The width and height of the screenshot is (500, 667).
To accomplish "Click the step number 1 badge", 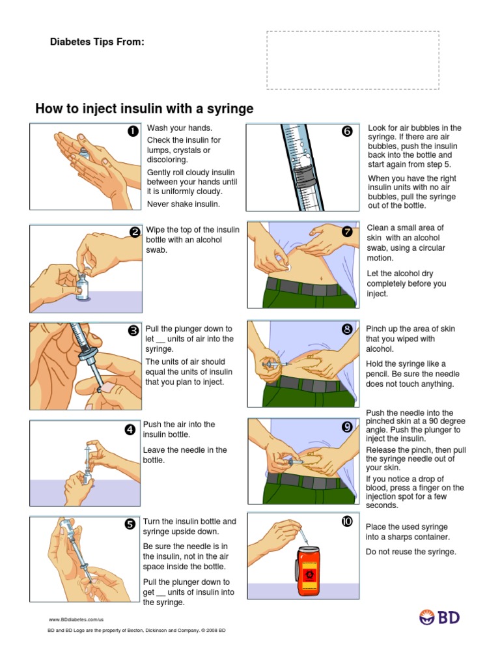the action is [x=133, y=131].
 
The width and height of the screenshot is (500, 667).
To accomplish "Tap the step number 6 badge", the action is [x=347, y=131].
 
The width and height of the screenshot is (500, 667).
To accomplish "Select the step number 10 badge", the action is [x=347, y=521].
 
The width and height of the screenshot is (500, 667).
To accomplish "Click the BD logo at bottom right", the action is [x=439, y=617].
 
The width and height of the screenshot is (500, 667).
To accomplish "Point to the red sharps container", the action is [x=309, y=571].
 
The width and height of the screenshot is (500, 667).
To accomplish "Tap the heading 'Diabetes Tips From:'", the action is [x=97, y=42].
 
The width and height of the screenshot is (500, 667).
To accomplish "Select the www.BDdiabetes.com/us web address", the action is [x=76, y=619].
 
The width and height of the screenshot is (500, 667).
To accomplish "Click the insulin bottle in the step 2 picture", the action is [x=83, y=285].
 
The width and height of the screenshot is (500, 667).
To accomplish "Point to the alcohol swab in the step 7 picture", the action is [x=288, y=268].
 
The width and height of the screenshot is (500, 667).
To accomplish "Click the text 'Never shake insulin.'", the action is [x=183, y=204].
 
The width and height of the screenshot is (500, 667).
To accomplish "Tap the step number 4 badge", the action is [x=130, y=430].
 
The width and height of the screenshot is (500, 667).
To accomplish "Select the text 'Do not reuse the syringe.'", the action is [x=411, y=552].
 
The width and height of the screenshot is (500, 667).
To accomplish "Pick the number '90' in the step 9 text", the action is [x=434, y=421].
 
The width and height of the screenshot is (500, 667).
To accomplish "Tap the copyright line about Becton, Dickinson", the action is [x=137, y=631].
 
